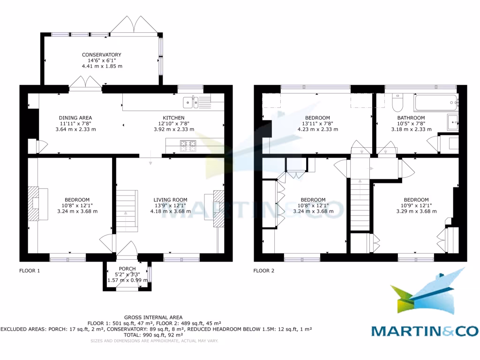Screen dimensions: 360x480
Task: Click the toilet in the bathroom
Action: point(397,101)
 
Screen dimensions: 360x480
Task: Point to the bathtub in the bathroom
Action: point(435,102)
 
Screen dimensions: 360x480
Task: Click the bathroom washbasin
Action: point(453,121)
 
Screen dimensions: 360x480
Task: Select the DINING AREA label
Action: point(75,118)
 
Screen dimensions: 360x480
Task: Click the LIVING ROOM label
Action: point(170,200)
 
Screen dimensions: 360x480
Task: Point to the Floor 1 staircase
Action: point(127,210)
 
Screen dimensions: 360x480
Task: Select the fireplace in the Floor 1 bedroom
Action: point(34,203)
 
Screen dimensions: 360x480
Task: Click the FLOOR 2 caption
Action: point(264,270)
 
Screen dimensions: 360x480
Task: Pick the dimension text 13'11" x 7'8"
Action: point(317,124)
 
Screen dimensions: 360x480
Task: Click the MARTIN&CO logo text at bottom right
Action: point(425,331)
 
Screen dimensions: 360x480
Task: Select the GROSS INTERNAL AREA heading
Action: point(153,317)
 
